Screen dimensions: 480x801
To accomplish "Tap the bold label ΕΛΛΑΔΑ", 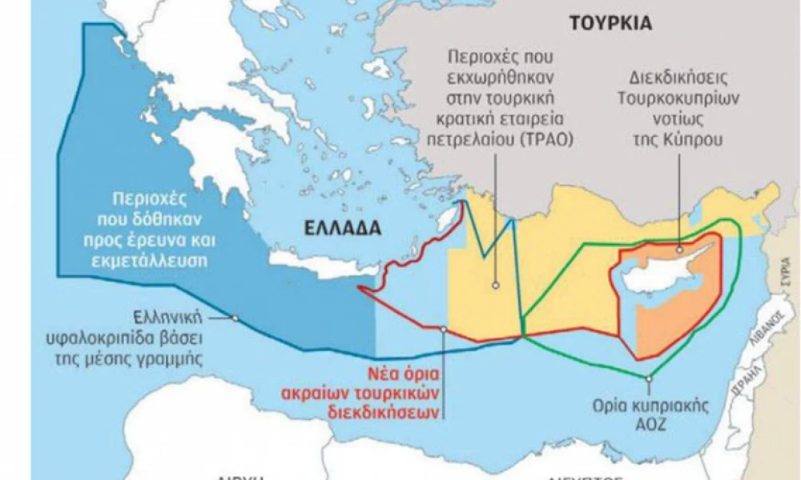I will click(x=341, y=227).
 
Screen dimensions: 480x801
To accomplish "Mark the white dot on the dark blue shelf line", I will click(x=235, y=318).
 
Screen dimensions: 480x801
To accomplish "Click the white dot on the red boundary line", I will click(x=443, y=329).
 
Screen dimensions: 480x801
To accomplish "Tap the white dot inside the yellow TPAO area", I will click(x=496, y=284).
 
